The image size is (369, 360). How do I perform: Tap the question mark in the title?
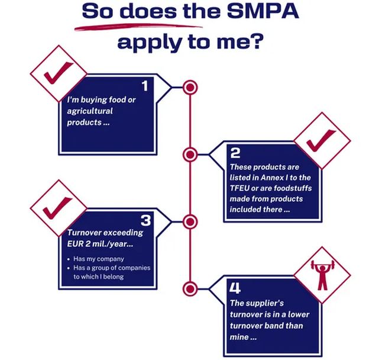(x=257, y=43)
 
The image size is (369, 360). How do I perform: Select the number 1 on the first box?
(x=144, y=86)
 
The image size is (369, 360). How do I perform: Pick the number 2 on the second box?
(x=235, y=153)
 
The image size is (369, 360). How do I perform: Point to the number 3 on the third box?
(x=146, y=220)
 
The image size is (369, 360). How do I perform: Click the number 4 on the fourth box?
(x=235, y=288)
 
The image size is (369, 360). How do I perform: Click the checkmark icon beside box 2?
(x=322, y=140)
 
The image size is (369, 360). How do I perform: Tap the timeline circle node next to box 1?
(x=190, y=88)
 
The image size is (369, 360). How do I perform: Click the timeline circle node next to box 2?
(x=190, y=155)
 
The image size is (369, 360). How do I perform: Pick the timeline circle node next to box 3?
(x=190, y=222)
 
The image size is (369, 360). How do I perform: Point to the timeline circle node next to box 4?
(x=190, y=289)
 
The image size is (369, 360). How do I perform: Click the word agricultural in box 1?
(x=89, y=111)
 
